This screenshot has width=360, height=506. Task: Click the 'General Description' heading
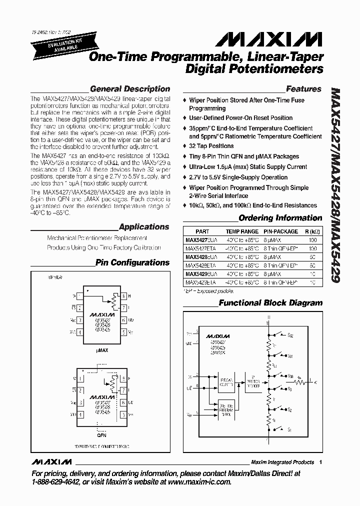(130, 89)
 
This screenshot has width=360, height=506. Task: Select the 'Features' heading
(303, 89)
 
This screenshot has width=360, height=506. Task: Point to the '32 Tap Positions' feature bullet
(211, 146)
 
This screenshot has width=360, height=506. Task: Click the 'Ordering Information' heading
(280, 218)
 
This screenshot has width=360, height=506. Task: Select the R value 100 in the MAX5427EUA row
(313, 240)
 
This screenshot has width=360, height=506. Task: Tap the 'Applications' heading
(144, 227)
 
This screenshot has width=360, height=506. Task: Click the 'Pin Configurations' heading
(132, 262)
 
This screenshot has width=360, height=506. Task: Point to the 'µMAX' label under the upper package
(102, 351)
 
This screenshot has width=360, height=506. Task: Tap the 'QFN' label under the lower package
(102, 435)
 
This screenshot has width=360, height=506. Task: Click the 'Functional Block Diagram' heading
(270, 303)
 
